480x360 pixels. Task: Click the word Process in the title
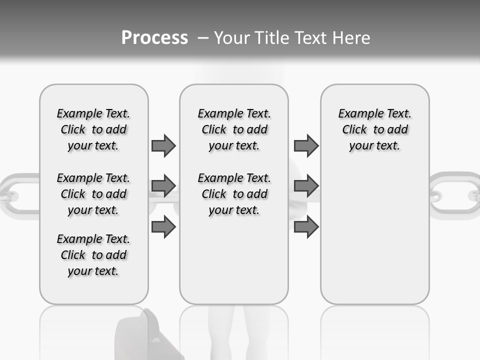(x=154, y=37)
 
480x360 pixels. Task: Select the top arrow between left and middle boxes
(x=163, y=146)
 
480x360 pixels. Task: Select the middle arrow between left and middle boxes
(x=163, y=186)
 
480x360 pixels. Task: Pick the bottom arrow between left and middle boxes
(x=163, y=227)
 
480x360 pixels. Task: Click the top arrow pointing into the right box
(x=306, y=146)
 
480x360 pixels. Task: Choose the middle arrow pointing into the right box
(x=306, y=186)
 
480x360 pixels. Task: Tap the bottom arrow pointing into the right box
(x=306, y=227)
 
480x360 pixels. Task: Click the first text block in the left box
(x=93, y=129)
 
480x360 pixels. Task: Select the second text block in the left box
(x=93, y=194)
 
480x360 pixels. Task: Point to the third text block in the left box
(x=93, y=255)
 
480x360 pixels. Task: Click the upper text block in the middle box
(x=234, y=129)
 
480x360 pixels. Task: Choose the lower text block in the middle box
(x=234, y=194)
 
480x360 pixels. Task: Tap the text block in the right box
(x=374, y=129)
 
